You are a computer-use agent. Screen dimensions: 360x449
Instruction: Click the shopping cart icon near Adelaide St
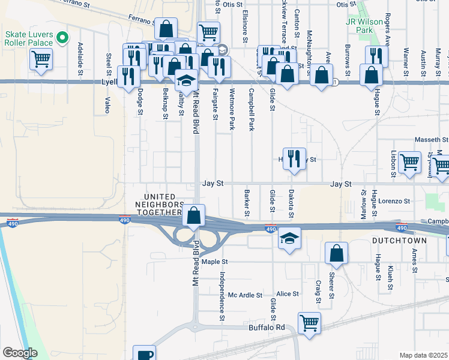pos(41,59)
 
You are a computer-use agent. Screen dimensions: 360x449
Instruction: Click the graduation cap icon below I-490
pos(289,239)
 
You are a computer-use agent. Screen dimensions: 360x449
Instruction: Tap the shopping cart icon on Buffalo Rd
pos(309,323)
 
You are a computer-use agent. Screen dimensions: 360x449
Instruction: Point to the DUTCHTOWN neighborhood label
pos(399,241)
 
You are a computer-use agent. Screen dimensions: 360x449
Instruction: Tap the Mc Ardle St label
pos(246,295)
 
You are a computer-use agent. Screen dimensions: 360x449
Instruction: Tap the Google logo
pos(20,353)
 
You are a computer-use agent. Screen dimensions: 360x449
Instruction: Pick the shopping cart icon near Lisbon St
pos(409,161)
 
